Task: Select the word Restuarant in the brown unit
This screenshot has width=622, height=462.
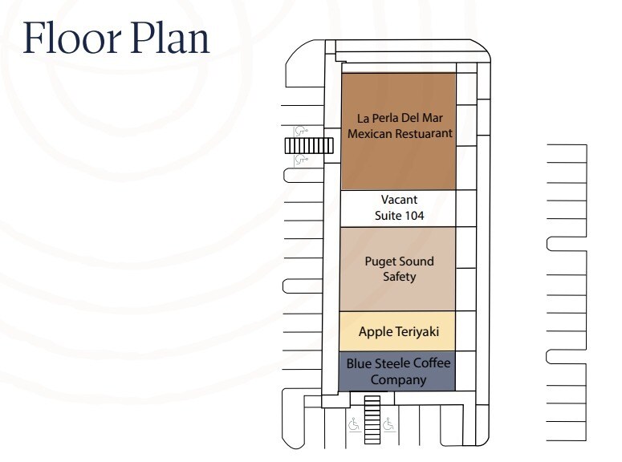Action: coord(425,133)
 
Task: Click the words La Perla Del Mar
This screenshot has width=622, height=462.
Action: coord(399,118)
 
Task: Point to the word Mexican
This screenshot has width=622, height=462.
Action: coord(368,133)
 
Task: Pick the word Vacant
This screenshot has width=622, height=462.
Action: coord(399,200)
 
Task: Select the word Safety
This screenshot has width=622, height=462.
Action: coord(399,277)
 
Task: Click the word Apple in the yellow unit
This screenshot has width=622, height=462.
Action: coord(375,331)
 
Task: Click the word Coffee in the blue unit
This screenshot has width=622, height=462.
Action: coord(431,363)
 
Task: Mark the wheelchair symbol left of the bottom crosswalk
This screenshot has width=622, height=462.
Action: coord(354,423)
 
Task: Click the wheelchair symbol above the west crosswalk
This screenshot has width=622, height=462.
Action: coord(303,129)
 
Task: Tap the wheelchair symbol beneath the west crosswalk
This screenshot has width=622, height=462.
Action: coord(303,160)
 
